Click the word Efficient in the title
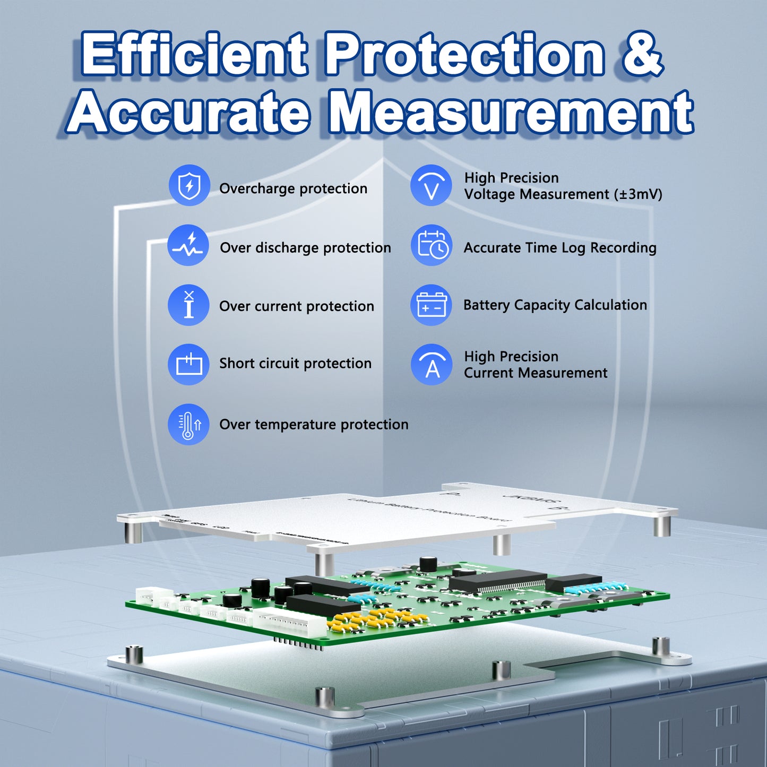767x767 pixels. tap(194, 55)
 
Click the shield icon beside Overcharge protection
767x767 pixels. tap(189, 186)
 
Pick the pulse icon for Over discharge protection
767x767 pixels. tap(188, 245)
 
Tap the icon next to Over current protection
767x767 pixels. tap(188, 305)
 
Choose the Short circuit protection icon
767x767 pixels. tap(188, 364)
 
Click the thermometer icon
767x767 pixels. tap(188, 425)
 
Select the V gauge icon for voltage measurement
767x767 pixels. tap(431, 185)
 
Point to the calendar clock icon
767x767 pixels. tap(431, 246)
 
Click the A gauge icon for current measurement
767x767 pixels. tap(431, 364)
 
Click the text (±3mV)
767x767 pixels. tap(637, 194)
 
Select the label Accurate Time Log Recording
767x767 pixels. tap(560, 248)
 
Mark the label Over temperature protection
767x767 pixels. tap(314, 425)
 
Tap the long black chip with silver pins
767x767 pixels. tap(498, 581)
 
